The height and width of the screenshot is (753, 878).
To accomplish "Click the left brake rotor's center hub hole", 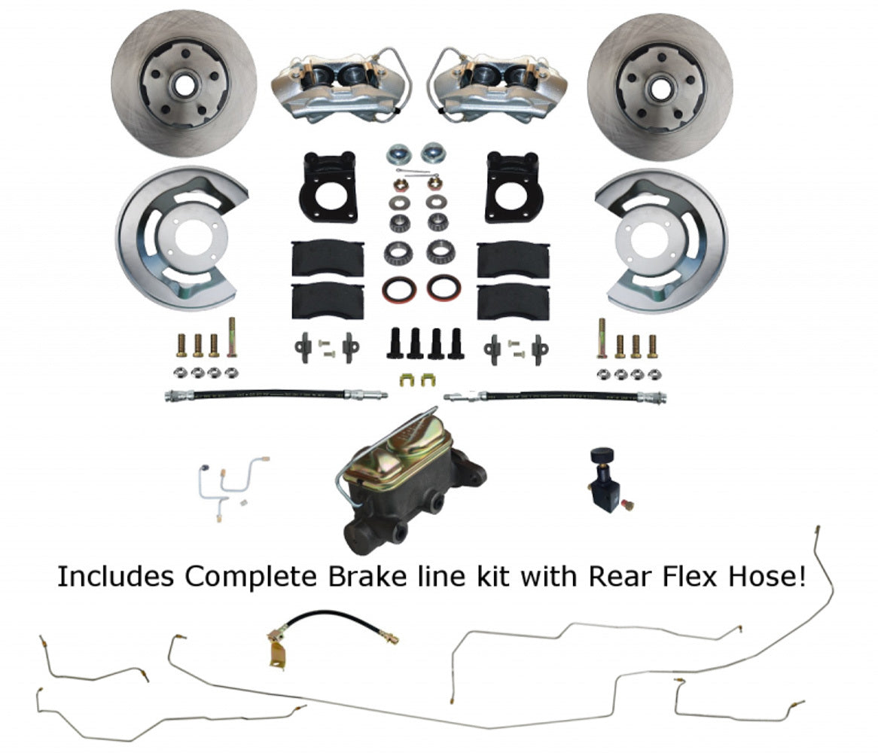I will (183, 84).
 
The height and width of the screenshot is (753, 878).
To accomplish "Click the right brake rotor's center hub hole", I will (660, 89).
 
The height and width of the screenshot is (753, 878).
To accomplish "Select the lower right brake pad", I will (513, 300).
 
